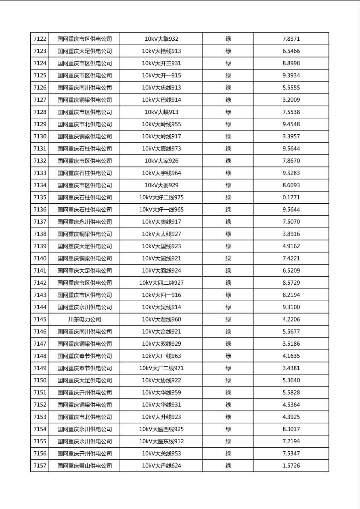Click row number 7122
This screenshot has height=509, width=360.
[40, 39]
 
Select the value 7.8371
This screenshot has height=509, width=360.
[291, 39]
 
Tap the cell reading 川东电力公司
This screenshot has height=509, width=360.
[84, 319]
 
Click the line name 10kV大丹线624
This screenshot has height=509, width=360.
[161, 466]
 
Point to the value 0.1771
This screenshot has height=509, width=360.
[291, 198]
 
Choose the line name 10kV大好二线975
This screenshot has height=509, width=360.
[161, 198]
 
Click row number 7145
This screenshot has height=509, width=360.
[40, 319]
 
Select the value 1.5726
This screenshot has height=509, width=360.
[291, 466]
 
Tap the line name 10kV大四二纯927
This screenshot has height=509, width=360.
[161, 283]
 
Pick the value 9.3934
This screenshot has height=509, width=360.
[291, 75]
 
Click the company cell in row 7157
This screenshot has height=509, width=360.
[84, 466]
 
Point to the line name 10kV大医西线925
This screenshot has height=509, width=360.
[161, 429]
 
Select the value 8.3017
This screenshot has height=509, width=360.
[291, 429]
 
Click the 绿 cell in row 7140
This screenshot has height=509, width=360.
[228, 259]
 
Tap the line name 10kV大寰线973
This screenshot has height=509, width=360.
[161, 149]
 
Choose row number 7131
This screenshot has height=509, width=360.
[40, 149]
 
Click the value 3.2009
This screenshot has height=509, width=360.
[291, 100]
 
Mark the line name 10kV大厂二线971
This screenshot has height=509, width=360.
[161, 368]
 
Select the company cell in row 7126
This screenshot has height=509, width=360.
[84, 88]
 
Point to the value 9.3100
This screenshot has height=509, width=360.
[291, 307]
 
